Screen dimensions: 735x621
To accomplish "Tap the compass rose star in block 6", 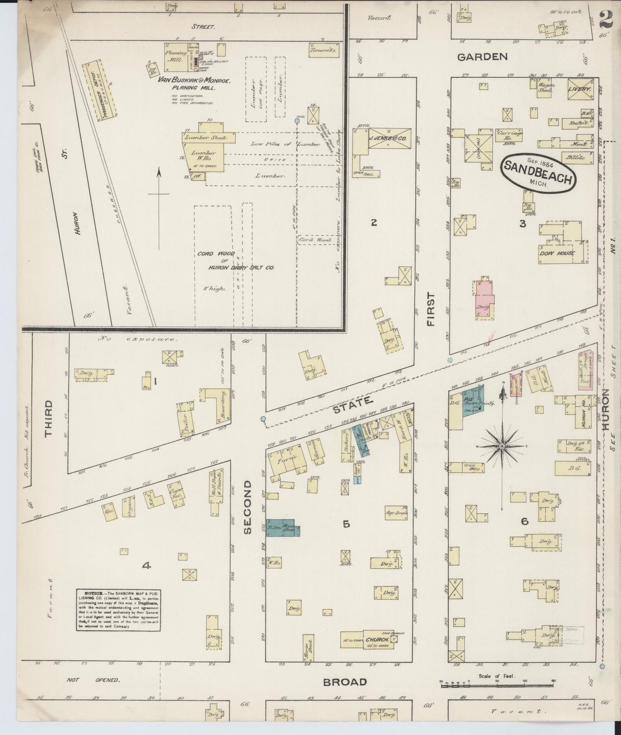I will pyautogui.click(x=502, y=447).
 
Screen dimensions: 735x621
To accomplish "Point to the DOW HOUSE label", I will pyautogui.click(x=557, y=253).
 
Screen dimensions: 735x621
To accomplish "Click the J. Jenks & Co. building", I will pyautogui.click(x=389, y=139).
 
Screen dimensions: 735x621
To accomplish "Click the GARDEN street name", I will pyautogui.click(x=482, y=57).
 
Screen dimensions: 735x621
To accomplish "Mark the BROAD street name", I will pyautogui.click(x=345, y=682).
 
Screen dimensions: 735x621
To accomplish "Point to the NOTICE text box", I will pyautogui.click(x=119, y=609).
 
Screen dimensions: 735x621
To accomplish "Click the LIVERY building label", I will pyautogui.click(x=579, y=89).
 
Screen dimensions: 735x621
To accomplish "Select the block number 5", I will pyautogui.click(x=346, y=524).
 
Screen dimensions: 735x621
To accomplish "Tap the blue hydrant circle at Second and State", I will pyautogui.click(x=263, y=419).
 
